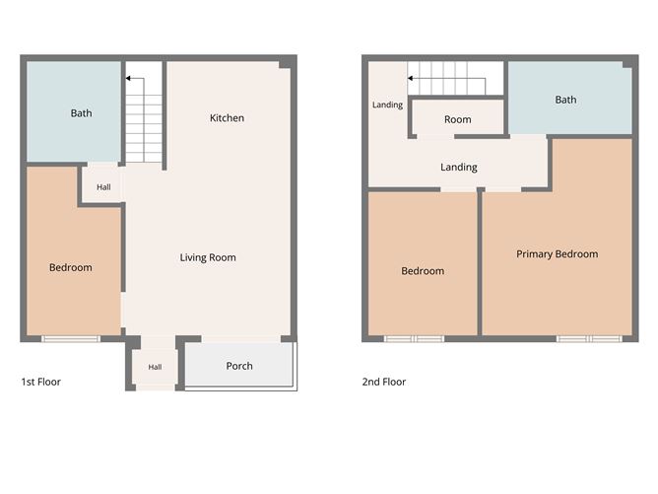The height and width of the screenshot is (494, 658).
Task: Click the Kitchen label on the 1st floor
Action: [227, 118]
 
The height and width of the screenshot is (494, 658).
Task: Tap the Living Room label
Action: [208, 257]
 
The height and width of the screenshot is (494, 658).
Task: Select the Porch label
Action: [239, 366]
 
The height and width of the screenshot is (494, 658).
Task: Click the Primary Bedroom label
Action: [557, 254]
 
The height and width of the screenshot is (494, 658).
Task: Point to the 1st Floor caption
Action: [40, 382]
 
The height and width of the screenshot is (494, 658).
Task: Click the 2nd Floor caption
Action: [384, 382]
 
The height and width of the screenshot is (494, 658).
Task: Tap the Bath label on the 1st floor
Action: [81, 113]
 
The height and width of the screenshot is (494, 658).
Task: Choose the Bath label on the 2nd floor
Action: [565, 100]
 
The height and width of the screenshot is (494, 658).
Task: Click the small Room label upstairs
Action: [457, 119]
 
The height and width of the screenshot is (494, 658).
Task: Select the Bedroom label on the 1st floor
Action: [71, 267]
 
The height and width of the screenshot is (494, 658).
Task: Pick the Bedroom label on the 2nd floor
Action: [423, 271]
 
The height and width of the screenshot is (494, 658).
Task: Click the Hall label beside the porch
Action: [155, 367]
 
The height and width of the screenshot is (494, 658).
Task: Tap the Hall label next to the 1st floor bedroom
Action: [103, 187]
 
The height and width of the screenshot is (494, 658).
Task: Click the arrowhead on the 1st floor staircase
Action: [128, 78]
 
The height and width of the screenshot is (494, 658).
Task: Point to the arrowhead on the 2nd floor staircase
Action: [411, 78]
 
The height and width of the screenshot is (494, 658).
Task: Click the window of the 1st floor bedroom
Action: [71, 338]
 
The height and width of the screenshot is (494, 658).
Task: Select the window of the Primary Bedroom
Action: [589, 338]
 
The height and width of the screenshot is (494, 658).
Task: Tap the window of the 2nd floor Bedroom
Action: [414, 338]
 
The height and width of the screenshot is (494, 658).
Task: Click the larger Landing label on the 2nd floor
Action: [459, 168]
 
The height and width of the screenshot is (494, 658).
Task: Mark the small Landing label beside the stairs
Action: [387, 105]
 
